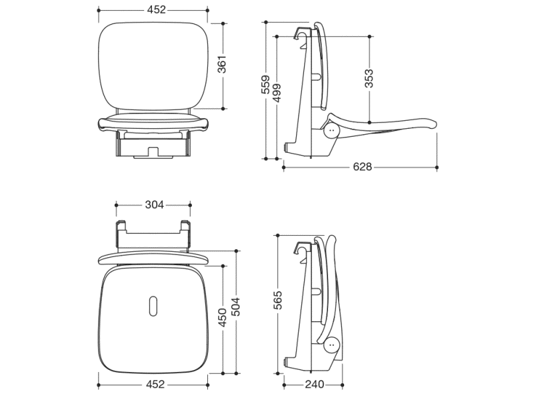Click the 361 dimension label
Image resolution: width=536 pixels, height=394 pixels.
222,64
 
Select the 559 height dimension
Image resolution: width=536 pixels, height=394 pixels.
265,84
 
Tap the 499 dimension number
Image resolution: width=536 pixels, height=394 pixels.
277,93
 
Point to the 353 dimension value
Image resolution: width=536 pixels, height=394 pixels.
369,78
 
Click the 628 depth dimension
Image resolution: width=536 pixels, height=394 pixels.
362,167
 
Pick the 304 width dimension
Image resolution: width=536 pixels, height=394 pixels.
155,205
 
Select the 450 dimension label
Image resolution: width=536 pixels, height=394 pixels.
222,317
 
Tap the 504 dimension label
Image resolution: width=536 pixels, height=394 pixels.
236,307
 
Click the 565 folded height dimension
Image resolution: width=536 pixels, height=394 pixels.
278,300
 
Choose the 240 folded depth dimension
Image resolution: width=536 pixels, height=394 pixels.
314,385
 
